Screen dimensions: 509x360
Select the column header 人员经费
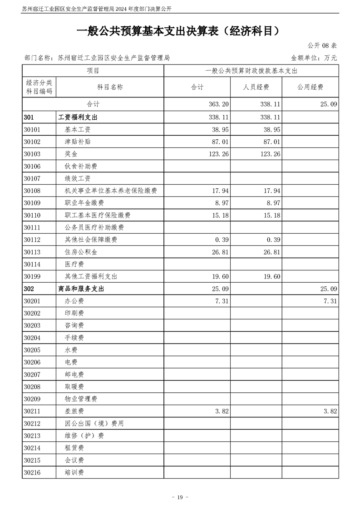pyautogui.click(x=256, y=87)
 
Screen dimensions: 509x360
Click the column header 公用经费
pyautogui.click(x=310, y=87)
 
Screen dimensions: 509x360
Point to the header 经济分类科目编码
pyautogui.click(x=39, y=87)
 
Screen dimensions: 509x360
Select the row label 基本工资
pyautogui.click(x=78, y=129)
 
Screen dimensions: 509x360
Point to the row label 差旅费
pyautogui.click(x=74, y=411)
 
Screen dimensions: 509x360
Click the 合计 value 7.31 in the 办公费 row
pyautogui.click(x=221, y=301)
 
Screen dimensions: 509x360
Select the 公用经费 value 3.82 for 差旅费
pyautogui.click(x=329, y=411)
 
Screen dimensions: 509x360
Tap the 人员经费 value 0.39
pyautogui.click(x=273, y=240)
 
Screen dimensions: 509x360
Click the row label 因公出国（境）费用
pyautogui.click(x=94, y=423)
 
